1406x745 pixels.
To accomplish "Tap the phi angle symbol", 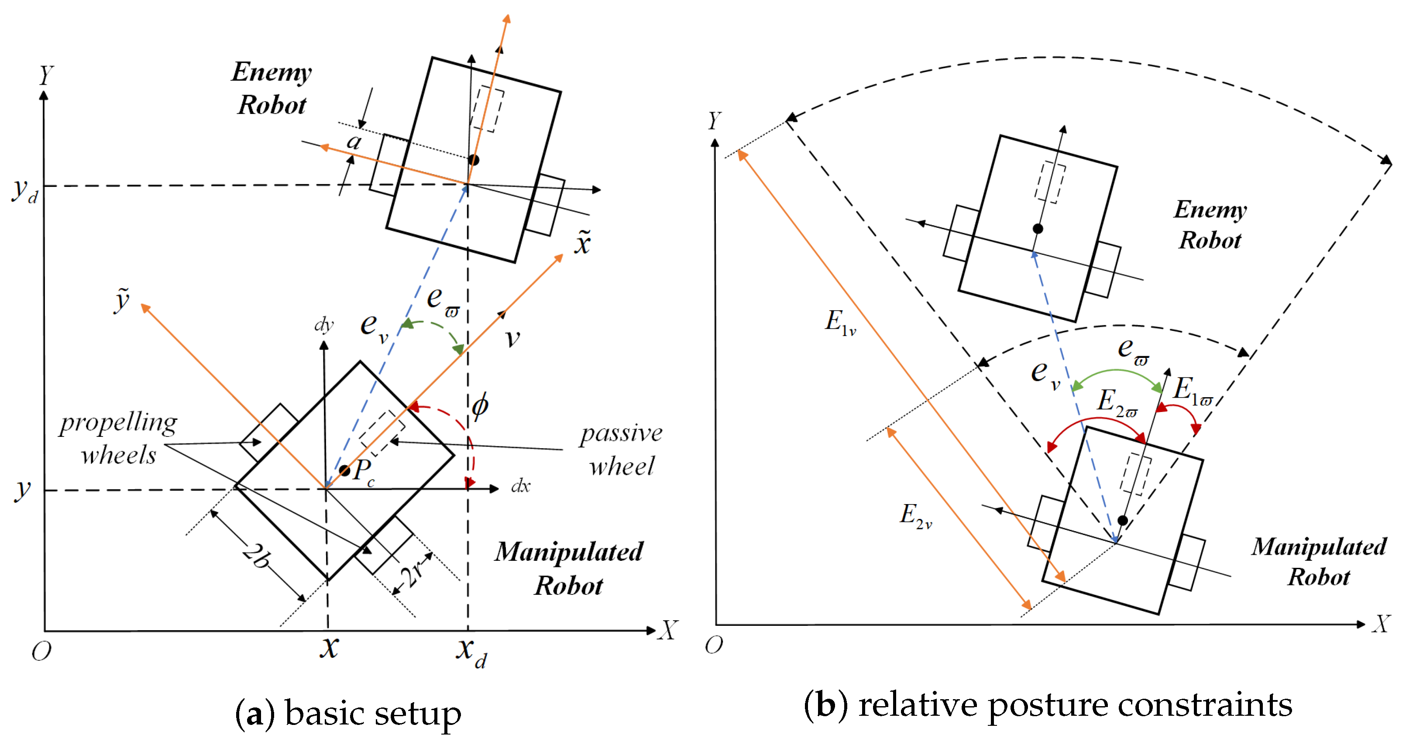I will [480, 405].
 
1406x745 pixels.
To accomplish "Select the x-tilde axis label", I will [583, 243].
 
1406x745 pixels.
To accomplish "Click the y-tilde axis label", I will [122, 300].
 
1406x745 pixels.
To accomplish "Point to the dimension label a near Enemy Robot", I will [354, 142].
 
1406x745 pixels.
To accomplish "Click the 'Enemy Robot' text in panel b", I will [1210, 225].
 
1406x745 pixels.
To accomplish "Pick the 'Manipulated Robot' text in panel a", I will [569, 568].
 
